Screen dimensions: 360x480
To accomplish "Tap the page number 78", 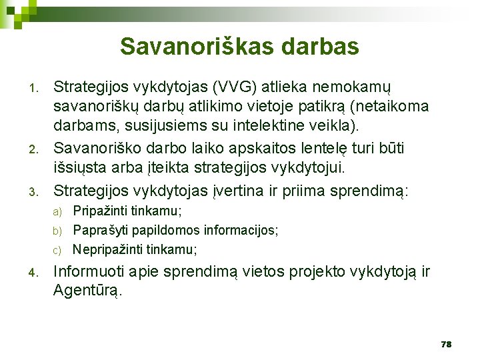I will [x=446, y=344].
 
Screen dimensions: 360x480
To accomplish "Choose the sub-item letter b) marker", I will [x=57, y=231].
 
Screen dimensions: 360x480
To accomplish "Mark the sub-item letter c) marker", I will [x=57, y=251].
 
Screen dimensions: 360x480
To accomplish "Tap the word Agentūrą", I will [x=88, y=291].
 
